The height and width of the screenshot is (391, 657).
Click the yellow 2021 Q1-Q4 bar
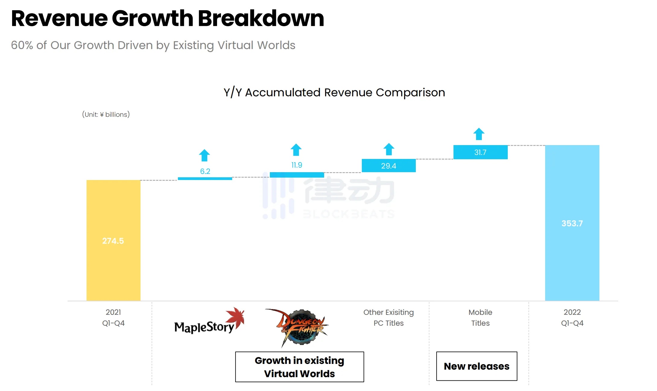click(113, 240)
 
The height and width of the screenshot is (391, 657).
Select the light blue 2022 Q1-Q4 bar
click(572, 223)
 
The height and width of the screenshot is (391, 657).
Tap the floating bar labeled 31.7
click(480, 152)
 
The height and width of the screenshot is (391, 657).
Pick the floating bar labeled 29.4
click(389, 166)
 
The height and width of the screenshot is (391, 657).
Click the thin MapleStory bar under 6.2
click(205, 178)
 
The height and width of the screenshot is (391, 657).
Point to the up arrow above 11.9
click(296, 150)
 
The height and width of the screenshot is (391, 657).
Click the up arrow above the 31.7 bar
click(479, 134)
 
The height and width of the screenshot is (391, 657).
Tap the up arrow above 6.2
click(204, 155)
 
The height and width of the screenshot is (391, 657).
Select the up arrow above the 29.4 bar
click(389, 149)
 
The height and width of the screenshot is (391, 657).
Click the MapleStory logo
click(209, 321)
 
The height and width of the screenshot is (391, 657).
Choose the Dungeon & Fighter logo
click(297, 327)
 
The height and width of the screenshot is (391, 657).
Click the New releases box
click(477, 366)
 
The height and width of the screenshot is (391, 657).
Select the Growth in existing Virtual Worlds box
click(299, 367)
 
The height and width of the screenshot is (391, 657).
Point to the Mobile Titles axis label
click(480, 318)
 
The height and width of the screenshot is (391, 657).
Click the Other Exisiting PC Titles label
click(389, 318)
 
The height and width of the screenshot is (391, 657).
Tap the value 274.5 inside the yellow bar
click(113, 241)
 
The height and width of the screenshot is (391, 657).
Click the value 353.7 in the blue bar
click(572, 223)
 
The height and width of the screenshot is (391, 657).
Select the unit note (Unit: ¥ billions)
click(106, 114)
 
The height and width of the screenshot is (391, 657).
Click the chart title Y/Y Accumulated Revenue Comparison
click(334, 92)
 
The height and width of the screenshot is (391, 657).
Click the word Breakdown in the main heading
click(261, 18)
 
